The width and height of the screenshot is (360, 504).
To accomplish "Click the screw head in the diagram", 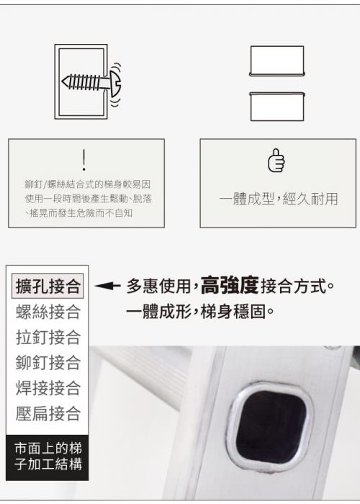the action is pos(115,83).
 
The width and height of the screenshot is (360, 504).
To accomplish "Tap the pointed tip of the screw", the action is pos(63,81).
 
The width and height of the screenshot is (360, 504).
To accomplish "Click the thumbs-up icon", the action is pos(276,160).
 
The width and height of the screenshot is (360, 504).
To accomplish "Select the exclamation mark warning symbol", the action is pos(84,159).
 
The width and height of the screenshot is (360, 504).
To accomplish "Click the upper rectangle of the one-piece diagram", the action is pos(276,60).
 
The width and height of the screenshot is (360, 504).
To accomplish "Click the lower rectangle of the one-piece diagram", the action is pos(276,107).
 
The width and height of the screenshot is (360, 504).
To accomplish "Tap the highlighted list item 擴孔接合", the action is pos(48,286).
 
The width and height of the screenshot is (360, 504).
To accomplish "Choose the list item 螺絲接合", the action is pos(48,312).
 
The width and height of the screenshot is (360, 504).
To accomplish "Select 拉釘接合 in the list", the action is pos(48,337).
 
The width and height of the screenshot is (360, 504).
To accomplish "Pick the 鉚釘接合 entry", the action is pos(48,363).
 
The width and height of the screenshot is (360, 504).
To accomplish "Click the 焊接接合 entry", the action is pos(48,388).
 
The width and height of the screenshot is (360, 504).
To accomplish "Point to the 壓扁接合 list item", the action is pos(48,413).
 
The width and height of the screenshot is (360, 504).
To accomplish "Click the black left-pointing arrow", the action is pos(107,286).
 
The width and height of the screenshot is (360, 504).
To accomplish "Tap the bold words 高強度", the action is pos(230,285).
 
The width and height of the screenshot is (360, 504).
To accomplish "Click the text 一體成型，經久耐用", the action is pos(279,199).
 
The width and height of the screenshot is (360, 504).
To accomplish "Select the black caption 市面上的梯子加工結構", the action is pos(48,456).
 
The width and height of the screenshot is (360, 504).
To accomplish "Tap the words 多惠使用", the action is pos(159,286).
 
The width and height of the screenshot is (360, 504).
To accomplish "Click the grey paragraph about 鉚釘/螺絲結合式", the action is pos(88,199).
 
